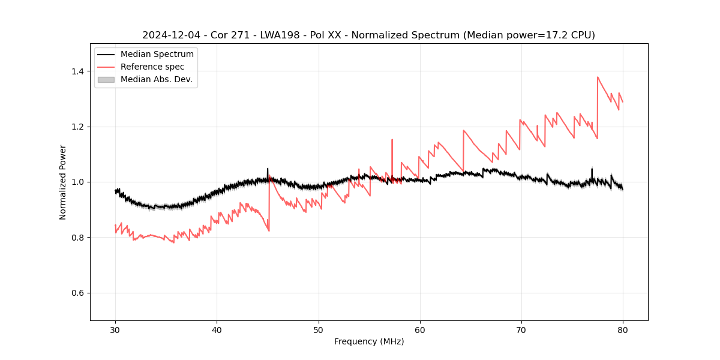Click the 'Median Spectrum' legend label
coord(157,55)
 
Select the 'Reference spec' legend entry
coord(152,67)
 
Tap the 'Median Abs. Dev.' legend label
coord(156,79)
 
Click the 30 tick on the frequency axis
coord(115,329)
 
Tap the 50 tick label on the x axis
coord(318,329)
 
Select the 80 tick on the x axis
coord(623,329)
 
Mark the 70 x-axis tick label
coord(521,329)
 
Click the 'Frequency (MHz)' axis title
coord(369,341)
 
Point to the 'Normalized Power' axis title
coord(63,182)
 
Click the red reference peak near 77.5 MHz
coord(598,77)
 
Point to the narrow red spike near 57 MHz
coord(392,140)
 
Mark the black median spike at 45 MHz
coord(268,169)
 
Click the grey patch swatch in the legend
coord(106,79)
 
